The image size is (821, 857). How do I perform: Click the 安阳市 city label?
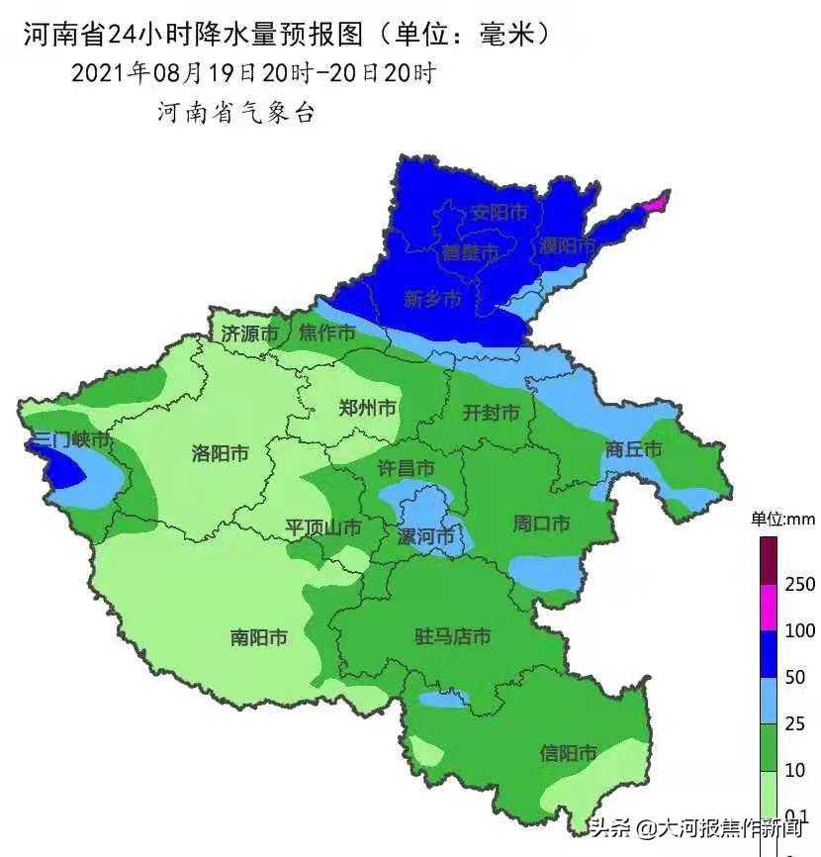click(x=499, y=212)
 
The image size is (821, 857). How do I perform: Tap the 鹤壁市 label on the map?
click(x=471, y=252)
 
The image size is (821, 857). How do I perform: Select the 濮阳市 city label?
click(x=568, y=244)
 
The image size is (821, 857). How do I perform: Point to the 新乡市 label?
click(x=432, y=299)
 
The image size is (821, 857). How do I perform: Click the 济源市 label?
click(x=249, y=333)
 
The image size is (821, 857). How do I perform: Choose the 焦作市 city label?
click(x=326, y=333)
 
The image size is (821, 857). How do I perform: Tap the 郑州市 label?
click(x=367, y=408)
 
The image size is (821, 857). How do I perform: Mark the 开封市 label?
click(x=491, y=413)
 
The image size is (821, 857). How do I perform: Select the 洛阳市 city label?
click(x=220, y=453)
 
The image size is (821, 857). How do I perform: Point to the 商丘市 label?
click(x=633, y=448)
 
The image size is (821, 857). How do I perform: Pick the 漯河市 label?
click(x=425, y=536)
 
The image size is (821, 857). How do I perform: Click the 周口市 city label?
click(x=540, y=524)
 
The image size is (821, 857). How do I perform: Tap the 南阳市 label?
click(x=258, y=637)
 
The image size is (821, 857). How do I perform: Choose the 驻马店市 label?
click(x=452, y=636)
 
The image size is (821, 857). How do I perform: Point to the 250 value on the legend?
click(x=799, y=585)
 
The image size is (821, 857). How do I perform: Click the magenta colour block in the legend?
click(x=769, y=607)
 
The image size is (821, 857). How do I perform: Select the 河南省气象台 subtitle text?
click(x=235, y=113)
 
